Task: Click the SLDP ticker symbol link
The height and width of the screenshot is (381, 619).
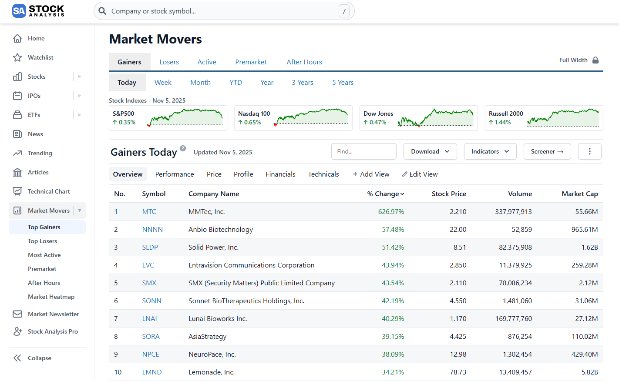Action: (150, 247)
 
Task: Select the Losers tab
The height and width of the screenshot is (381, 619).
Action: (169, 62)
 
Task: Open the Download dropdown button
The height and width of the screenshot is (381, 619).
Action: (430, 151)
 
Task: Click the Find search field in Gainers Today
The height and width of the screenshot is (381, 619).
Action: (363, 151)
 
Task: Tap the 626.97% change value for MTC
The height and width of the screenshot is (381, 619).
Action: (391, 211)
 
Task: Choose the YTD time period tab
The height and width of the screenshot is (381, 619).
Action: (235, 82)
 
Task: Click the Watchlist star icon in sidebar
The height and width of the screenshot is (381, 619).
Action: (17, 57)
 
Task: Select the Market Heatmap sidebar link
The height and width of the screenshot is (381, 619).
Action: (51, 297)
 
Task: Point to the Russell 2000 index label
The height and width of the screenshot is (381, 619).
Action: (506, 114)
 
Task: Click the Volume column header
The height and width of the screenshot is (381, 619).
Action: (520, 194)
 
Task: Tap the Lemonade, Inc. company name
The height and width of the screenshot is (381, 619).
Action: (212, 372)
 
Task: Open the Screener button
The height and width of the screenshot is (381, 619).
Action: (547, 151)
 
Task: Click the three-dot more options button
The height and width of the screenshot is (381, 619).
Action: (589, 151)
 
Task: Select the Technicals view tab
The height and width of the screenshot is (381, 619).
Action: (323, 174)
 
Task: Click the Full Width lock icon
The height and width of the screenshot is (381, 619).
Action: (595, 60)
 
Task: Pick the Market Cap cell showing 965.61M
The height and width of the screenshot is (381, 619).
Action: (584, 229)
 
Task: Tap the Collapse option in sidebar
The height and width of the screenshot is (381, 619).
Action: (39, 358)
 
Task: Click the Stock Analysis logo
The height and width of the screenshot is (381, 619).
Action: (38, 11)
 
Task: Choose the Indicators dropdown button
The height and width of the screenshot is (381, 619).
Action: (490, 151)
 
